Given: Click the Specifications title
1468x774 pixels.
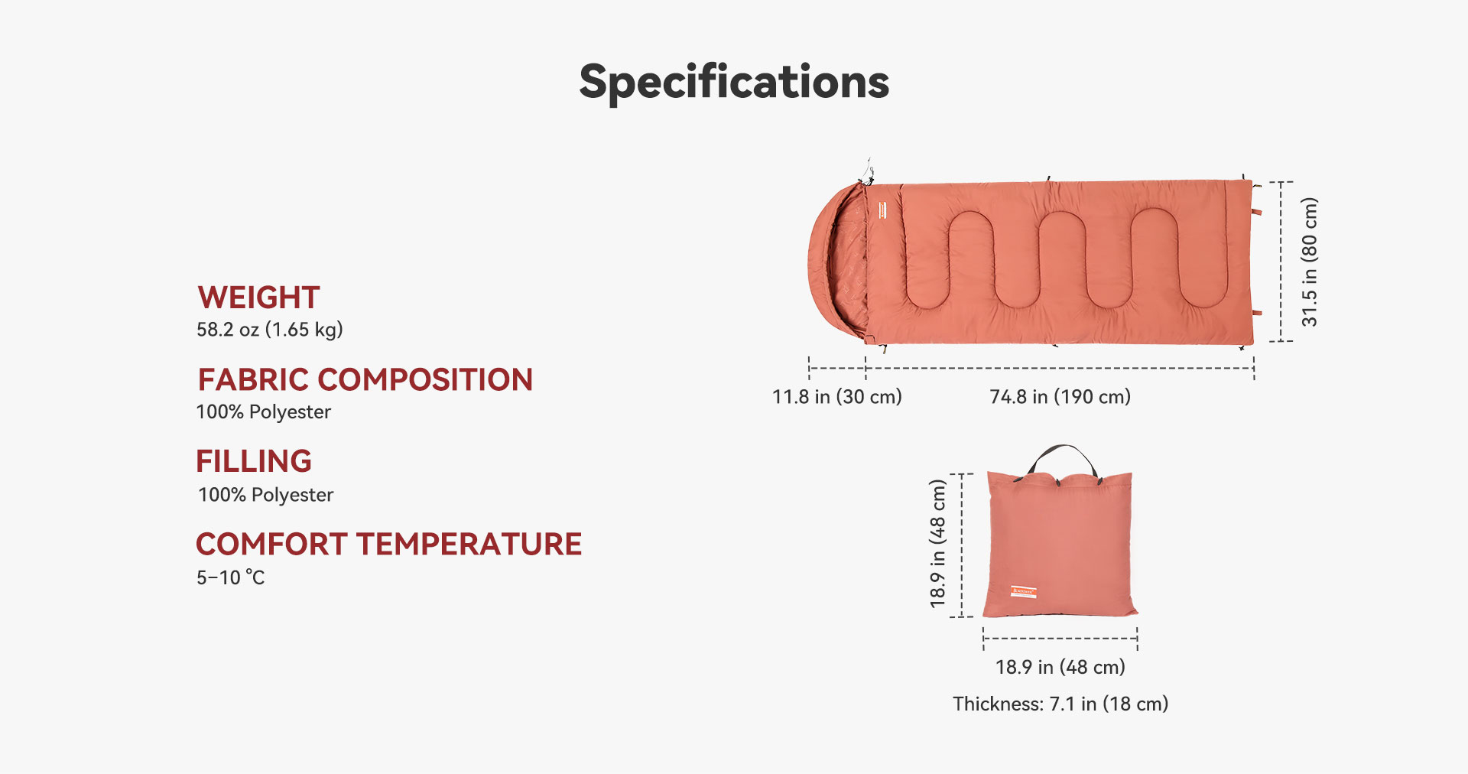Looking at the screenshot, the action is click(x=734, y=83).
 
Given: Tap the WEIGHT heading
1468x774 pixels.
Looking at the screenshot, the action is click(x=258, y=298).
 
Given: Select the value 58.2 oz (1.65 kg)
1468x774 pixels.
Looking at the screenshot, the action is click(x=270, y=330).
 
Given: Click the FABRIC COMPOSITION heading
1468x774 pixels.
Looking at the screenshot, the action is click(x=365, y=379).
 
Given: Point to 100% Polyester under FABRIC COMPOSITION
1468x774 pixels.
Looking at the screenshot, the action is click(x=264, y=412).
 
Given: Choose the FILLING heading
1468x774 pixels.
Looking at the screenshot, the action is click(x=254, y=461).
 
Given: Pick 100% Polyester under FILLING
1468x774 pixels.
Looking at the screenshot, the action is click(x=265, y=495).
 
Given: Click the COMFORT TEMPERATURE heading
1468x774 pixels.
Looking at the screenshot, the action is click(x=389, y=544).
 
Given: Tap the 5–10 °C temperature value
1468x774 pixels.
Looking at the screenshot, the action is click(x=231, y=577).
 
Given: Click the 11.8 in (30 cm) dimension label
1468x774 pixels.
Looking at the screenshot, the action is click(x=837, y=397).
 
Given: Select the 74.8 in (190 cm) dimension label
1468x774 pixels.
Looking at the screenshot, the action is click(x=1060, y=397).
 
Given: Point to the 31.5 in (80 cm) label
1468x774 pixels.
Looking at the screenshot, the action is click(x=1310, y=262).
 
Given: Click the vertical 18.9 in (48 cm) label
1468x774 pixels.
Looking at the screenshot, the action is click(x=938, y=544).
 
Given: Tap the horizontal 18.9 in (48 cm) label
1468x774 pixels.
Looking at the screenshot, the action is click(x=1060, y=667).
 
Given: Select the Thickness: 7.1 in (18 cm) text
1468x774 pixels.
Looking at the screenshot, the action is click(x=1060, y=704).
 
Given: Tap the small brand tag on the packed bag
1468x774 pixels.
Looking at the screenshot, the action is click(x=1024, y=592).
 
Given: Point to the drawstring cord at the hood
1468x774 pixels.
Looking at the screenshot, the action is click(x=868, y=172).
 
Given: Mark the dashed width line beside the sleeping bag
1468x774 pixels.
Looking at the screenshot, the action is click(x=1281, y=262).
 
